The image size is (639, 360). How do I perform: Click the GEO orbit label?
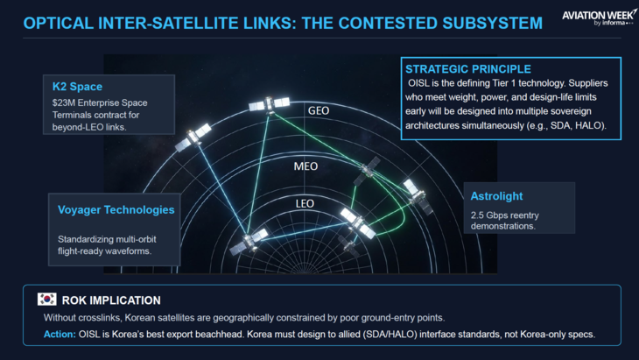319,110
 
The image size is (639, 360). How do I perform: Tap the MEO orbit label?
305,166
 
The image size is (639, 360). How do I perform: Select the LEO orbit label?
305,203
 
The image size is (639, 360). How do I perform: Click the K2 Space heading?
77,87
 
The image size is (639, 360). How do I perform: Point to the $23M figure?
62,102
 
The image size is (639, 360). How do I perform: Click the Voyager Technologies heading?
116,209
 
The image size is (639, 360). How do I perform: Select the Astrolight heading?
496,196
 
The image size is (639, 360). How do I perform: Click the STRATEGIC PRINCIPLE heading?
468,69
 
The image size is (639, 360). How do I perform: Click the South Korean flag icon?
47,300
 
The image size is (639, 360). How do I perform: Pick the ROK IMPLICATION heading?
111,300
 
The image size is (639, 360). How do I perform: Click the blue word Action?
60,335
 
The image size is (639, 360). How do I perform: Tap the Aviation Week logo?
599,18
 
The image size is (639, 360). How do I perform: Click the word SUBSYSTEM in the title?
492,24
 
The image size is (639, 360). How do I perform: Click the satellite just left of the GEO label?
270,104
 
